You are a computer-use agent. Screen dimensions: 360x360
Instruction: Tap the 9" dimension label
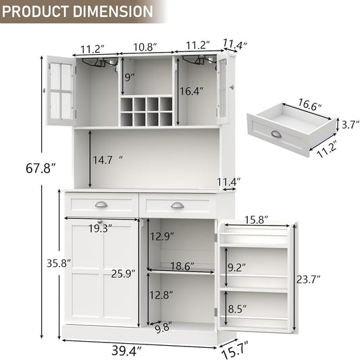tap(130, 76)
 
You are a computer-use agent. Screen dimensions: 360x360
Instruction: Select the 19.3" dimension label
tap(100, 228)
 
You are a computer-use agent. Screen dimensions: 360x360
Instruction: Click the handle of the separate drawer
tap(278, 133)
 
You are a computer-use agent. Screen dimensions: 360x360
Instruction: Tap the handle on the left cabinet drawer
tap(101, 205)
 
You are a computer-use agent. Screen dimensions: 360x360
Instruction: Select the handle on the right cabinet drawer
tap(177, 205)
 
